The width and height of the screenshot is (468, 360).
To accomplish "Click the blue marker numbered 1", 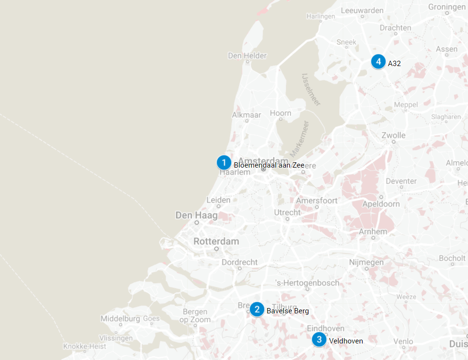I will (x=224, y=162).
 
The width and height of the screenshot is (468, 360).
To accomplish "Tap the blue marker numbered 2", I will (x=257, y=309).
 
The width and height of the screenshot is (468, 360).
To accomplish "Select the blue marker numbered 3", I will (x=319, y=340).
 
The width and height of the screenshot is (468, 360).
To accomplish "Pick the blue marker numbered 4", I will (x=378, y=62).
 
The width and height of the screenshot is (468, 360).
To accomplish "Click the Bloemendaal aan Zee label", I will (x=269, y=165).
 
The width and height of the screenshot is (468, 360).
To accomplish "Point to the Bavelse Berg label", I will (x=287, y=311).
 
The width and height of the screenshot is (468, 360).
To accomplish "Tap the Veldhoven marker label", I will (x=346, y=341).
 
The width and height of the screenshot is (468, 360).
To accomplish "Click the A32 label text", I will (x=394, y=63).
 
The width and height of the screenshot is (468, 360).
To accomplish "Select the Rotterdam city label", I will (x=216, y=241).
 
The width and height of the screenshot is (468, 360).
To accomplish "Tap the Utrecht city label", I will (x=287, y=213).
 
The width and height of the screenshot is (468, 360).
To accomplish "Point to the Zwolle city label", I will (x=393, y=135).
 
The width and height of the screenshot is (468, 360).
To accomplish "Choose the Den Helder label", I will (x=248, y=56).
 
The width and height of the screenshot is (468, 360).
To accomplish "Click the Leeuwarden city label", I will (x=363, y=10).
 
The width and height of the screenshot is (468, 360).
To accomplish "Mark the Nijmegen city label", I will (x=366, y=262).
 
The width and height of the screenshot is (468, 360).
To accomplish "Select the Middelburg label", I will (x=120, y=319).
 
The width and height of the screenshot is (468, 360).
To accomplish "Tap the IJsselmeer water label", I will (x=311, y=89).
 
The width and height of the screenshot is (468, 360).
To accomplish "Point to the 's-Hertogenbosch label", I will (x=307, y=283).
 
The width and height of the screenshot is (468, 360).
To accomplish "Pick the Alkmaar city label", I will (x=247, y=115).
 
